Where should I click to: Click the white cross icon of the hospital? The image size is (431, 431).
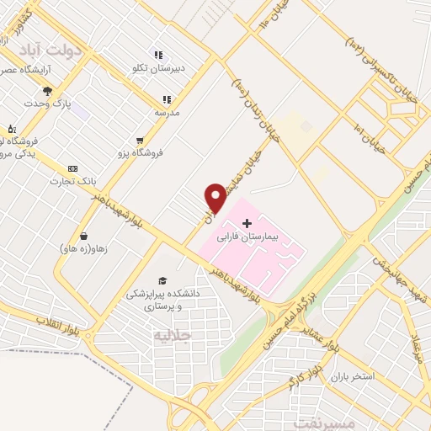(x=247, y=223)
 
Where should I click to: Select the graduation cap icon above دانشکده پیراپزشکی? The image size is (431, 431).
(x=162, y=281)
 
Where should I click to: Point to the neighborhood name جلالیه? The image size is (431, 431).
(x=173, y=335)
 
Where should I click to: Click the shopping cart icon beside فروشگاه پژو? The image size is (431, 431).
(x=140, y=141)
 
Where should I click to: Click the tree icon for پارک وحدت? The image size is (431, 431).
(x=47, y=91)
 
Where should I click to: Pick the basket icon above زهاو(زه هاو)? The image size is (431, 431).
(x=83, y=236)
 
